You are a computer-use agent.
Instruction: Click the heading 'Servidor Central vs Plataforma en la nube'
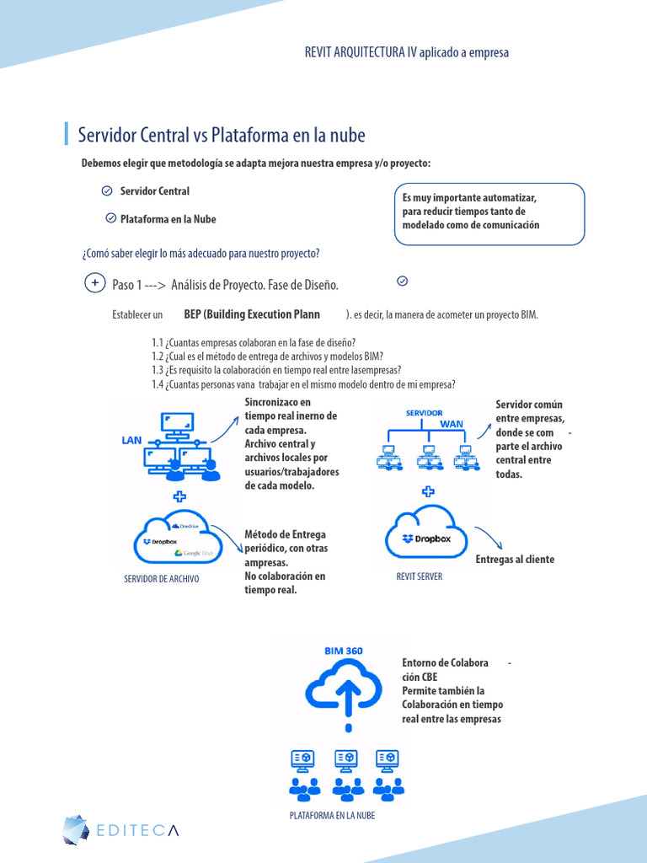[x=222, y=135]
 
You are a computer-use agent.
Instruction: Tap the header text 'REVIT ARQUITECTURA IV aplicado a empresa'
[x=406, y=52]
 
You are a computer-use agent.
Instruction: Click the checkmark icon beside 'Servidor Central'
[x=107, y=191]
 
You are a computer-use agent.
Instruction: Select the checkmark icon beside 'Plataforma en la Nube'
[x=110, y=218]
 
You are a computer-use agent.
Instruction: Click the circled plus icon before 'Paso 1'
[x=95, y=283]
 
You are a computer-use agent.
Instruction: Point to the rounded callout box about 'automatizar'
[x=489, y=214]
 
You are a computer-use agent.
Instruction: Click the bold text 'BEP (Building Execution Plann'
[x=252, y=314]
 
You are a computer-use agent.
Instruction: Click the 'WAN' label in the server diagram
[x=452, y=424]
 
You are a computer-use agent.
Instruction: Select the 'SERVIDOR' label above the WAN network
[x=425, y=413]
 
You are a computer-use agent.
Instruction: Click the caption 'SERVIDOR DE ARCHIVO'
[x=162, y=580]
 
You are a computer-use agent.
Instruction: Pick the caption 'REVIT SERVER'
[x=420, y=576]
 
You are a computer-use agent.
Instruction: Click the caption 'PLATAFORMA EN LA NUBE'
[x=332, y=816]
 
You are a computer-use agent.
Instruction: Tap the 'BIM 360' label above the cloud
[x=343, y=651]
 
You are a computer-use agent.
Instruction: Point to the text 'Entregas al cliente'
[x=515, y=560]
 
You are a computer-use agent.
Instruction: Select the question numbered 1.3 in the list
[x=276, y=370]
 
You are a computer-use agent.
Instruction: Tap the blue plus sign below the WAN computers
[x=428, y=491]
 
